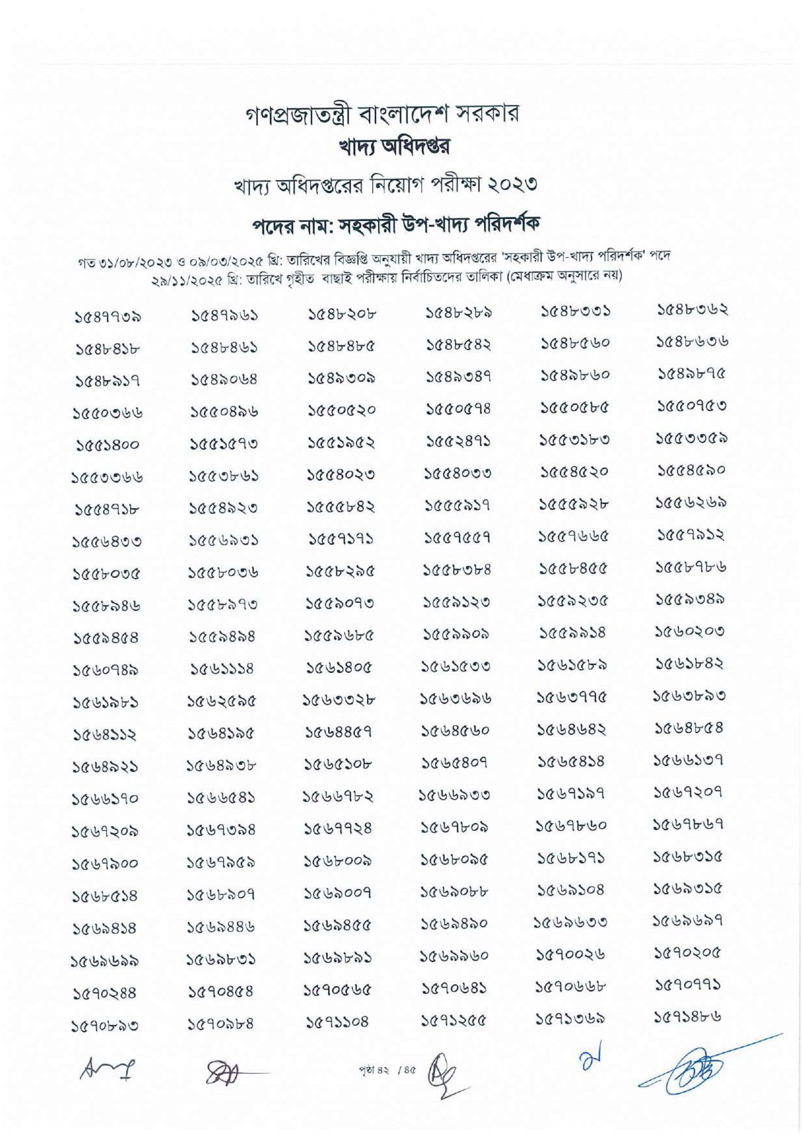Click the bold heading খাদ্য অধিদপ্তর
tap(401, 148)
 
